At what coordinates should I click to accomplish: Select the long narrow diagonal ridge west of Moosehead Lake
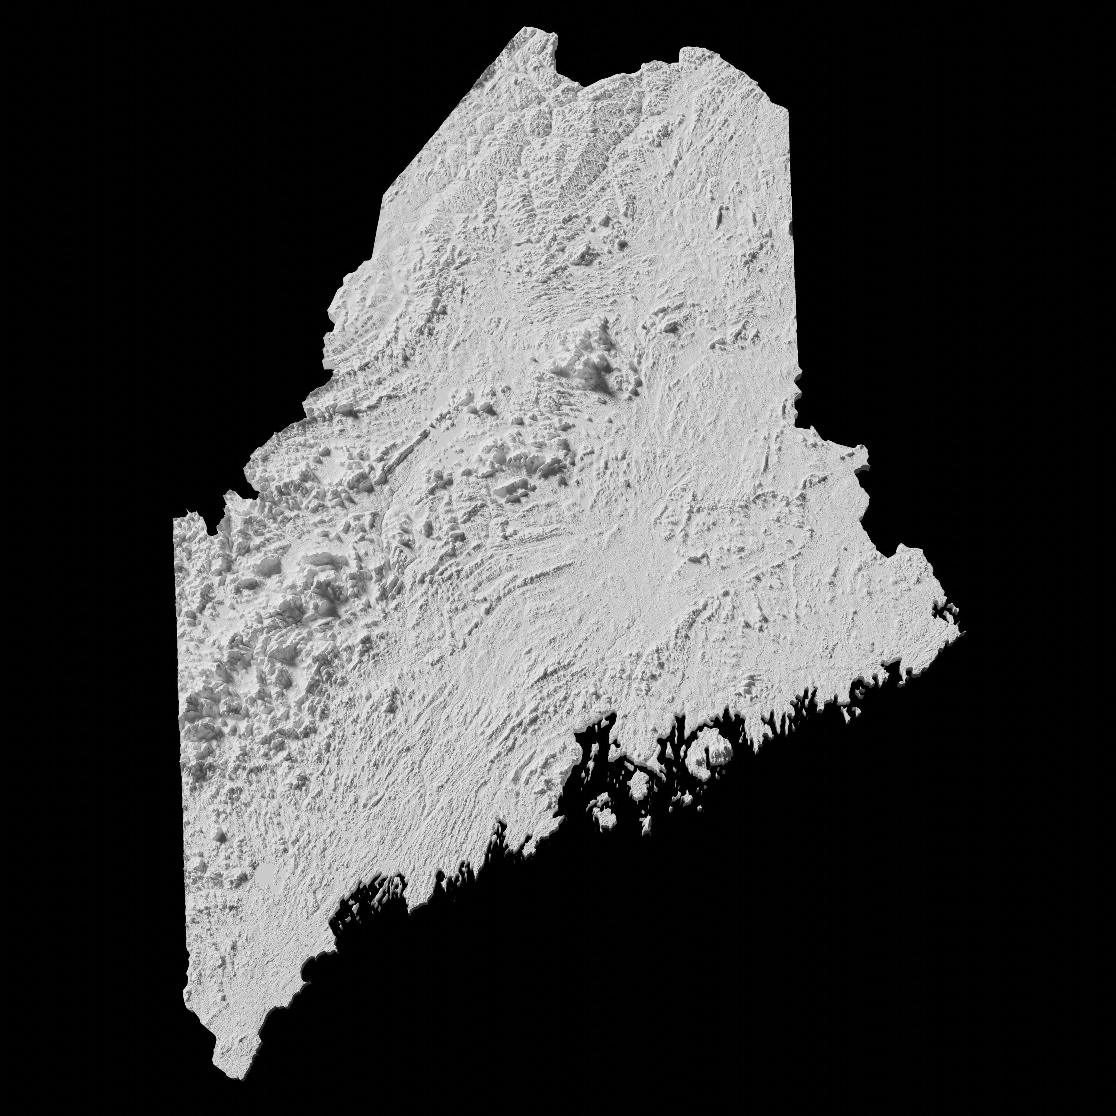tap(398, 450)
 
